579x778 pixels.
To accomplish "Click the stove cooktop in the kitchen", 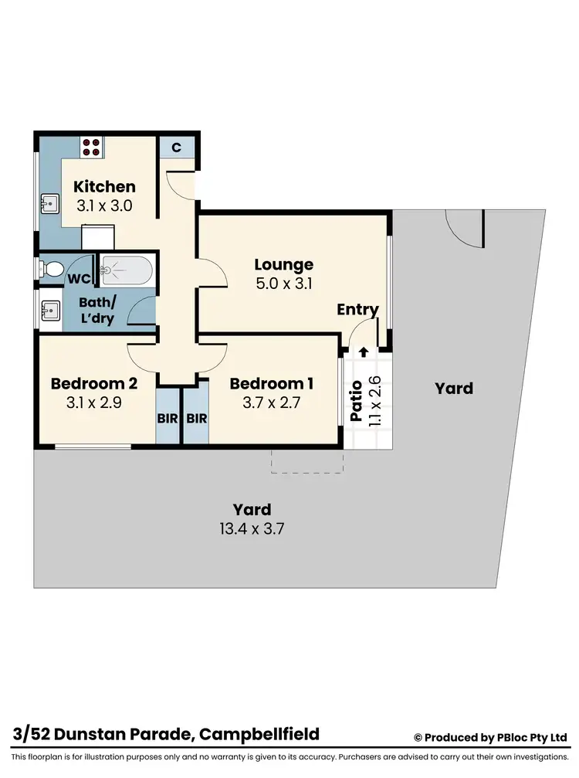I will (92, 147).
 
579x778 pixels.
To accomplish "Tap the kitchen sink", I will (50, 203).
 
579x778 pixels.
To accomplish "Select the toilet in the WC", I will (52, 269).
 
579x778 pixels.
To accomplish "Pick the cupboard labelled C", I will (176, 147).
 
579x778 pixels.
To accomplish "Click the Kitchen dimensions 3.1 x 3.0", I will (104, 206).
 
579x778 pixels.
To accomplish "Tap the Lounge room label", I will (284, 265).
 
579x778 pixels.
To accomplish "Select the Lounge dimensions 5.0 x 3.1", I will (284, 284).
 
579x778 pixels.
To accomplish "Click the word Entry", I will (357, 310).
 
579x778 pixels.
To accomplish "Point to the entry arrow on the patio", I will (364, 352).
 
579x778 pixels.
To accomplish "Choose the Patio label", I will (357, 402).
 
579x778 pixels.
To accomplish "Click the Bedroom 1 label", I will (272, 384).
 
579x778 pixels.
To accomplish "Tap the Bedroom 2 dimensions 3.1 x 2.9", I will (93, 403).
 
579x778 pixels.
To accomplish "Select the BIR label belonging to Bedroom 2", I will (167, 419).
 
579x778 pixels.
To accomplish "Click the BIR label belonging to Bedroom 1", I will (197, 419).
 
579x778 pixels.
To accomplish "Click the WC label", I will (80, 278).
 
